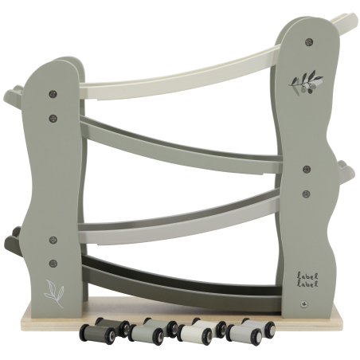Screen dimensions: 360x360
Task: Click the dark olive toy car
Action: [105, 331]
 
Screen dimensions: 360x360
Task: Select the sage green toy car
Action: [153, 331]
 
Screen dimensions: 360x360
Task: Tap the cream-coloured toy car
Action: [202, 331]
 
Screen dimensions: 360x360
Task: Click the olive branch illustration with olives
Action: [305, 83]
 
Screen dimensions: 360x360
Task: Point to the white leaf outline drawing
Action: [55, 294]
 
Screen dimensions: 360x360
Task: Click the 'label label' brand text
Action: [307, 280]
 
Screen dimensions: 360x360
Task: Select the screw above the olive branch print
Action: [308, 41]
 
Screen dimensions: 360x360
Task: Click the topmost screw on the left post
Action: [53, 94]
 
